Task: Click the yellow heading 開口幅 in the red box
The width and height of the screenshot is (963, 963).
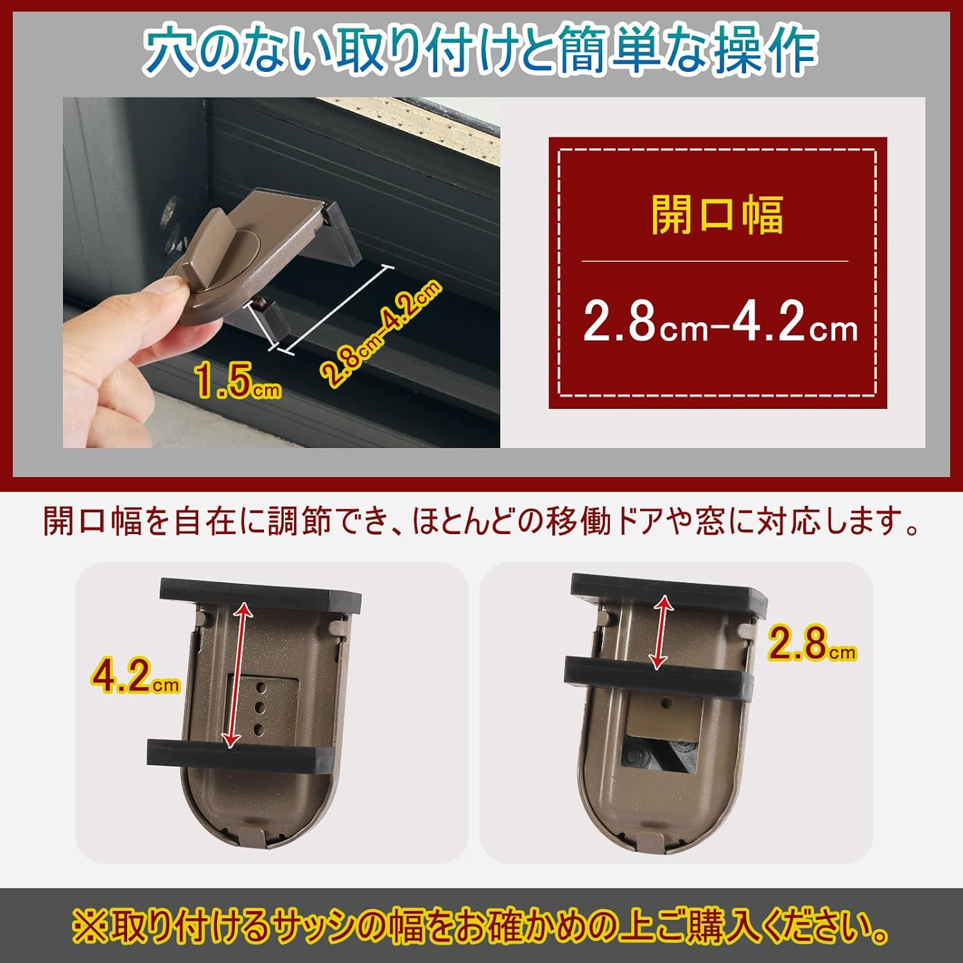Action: tap(717, 215)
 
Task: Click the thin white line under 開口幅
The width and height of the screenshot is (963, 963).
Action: tap(715, 261)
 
